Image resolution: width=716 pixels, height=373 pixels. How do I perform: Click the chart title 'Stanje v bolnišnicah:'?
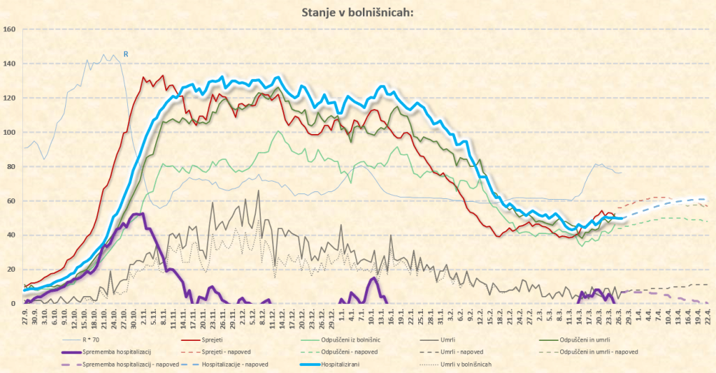357,12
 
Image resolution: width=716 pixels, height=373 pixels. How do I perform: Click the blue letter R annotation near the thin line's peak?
126,54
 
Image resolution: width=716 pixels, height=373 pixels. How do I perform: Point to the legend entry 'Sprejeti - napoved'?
227,352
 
